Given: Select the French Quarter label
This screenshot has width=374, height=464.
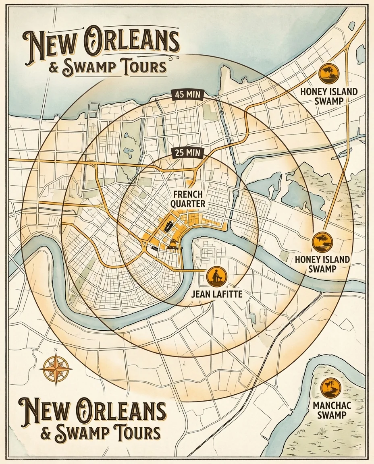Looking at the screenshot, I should click(188, 199).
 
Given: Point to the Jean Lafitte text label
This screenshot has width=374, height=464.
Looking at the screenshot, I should click(217, 294).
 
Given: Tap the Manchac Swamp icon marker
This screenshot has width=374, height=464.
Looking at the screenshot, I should click(331, 388).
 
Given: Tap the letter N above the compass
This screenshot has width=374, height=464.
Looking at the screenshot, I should click(56, 350).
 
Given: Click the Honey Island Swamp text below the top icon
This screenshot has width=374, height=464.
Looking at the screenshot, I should click(329, 96).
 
